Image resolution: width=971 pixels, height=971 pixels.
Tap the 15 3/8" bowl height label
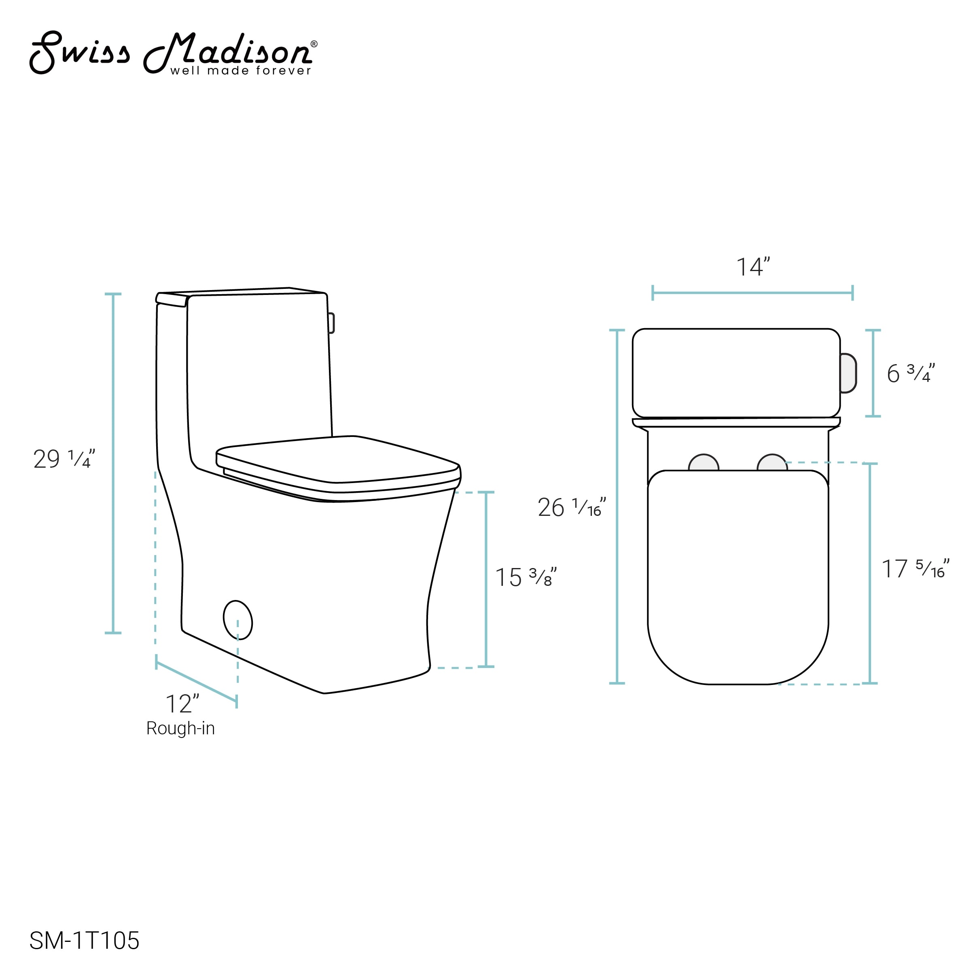tap(526, 577)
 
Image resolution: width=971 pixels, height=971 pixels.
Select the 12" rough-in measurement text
tap(182, 704)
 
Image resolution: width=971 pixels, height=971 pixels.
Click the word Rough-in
tap(180, 728)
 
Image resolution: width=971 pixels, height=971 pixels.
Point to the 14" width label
tap(753, 267)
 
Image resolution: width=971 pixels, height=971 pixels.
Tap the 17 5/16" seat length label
tap(915, 569)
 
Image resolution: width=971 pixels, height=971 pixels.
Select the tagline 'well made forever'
tap(241, 71)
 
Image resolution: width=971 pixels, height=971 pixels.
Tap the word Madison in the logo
tap(229, 50)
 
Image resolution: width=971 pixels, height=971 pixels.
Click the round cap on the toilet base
tap(237, 620)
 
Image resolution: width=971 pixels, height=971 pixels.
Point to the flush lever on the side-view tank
tap(331, 323)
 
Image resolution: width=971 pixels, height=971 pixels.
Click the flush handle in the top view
tap(848, 373)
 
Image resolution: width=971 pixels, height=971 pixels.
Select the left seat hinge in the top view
tap(703, 463)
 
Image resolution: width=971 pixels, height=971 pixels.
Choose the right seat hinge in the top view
tap(772, 463)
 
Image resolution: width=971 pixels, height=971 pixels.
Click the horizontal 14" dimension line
tap(753, 293)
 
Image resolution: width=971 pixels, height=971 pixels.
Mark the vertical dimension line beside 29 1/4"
tap(113, 463)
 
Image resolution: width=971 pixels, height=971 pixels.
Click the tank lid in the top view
tap(736, 373)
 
